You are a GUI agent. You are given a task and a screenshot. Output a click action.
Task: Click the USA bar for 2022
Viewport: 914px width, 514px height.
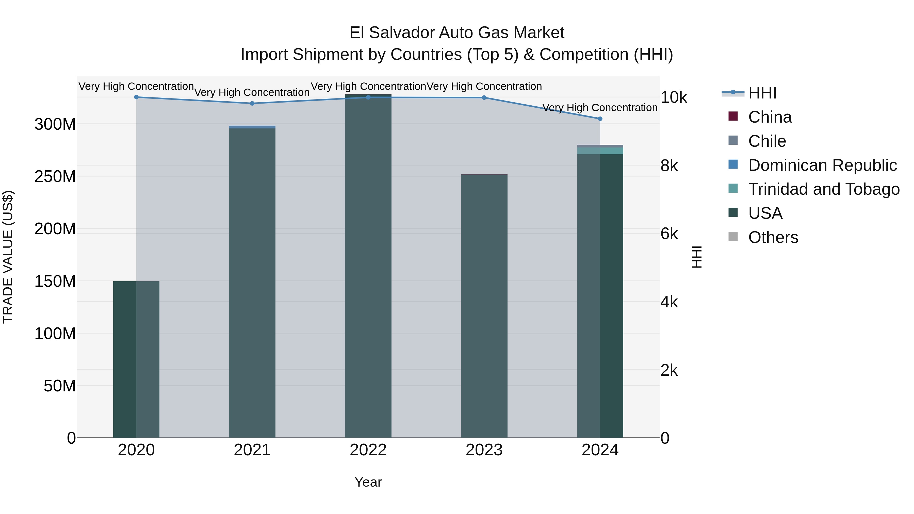[x=368, y=266]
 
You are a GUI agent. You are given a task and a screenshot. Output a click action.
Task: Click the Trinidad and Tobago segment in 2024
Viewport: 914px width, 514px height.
[x=600, y=151]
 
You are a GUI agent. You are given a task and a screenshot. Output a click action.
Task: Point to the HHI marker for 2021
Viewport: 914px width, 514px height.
[x=252, y=104]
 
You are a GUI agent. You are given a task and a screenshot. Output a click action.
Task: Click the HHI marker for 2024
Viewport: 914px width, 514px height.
[x=600, y=119]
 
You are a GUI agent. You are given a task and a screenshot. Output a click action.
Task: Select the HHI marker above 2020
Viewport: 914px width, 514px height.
[x=136, y=97]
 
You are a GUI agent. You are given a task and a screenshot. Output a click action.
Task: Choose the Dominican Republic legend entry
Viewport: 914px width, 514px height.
[x=822, y=165]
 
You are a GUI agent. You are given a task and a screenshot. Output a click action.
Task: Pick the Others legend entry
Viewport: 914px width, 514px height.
[x=773, y=237]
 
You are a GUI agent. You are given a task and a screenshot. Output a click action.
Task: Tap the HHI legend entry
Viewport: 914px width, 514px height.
[x=762, y=93]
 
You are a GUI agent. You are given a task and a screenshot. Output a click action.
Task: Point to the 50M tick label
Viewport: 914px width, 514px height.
[x=60, y=386]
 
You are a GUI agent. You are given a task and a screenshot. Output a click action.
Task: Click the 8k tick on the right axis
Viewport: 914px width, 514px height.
[x=669, y=166]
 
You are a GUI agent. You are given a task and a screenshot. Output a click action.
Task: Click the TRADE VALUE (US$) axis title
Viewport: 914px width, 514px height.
[x=8, y=257]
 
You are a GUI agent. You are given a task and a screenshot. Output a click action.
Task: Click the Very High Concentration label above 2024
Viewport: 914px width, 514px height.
[x=600, y=107]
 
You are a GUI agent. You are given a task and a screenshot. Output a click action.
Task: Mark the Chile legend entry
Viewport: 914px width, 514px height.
[x=767, y=141]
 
